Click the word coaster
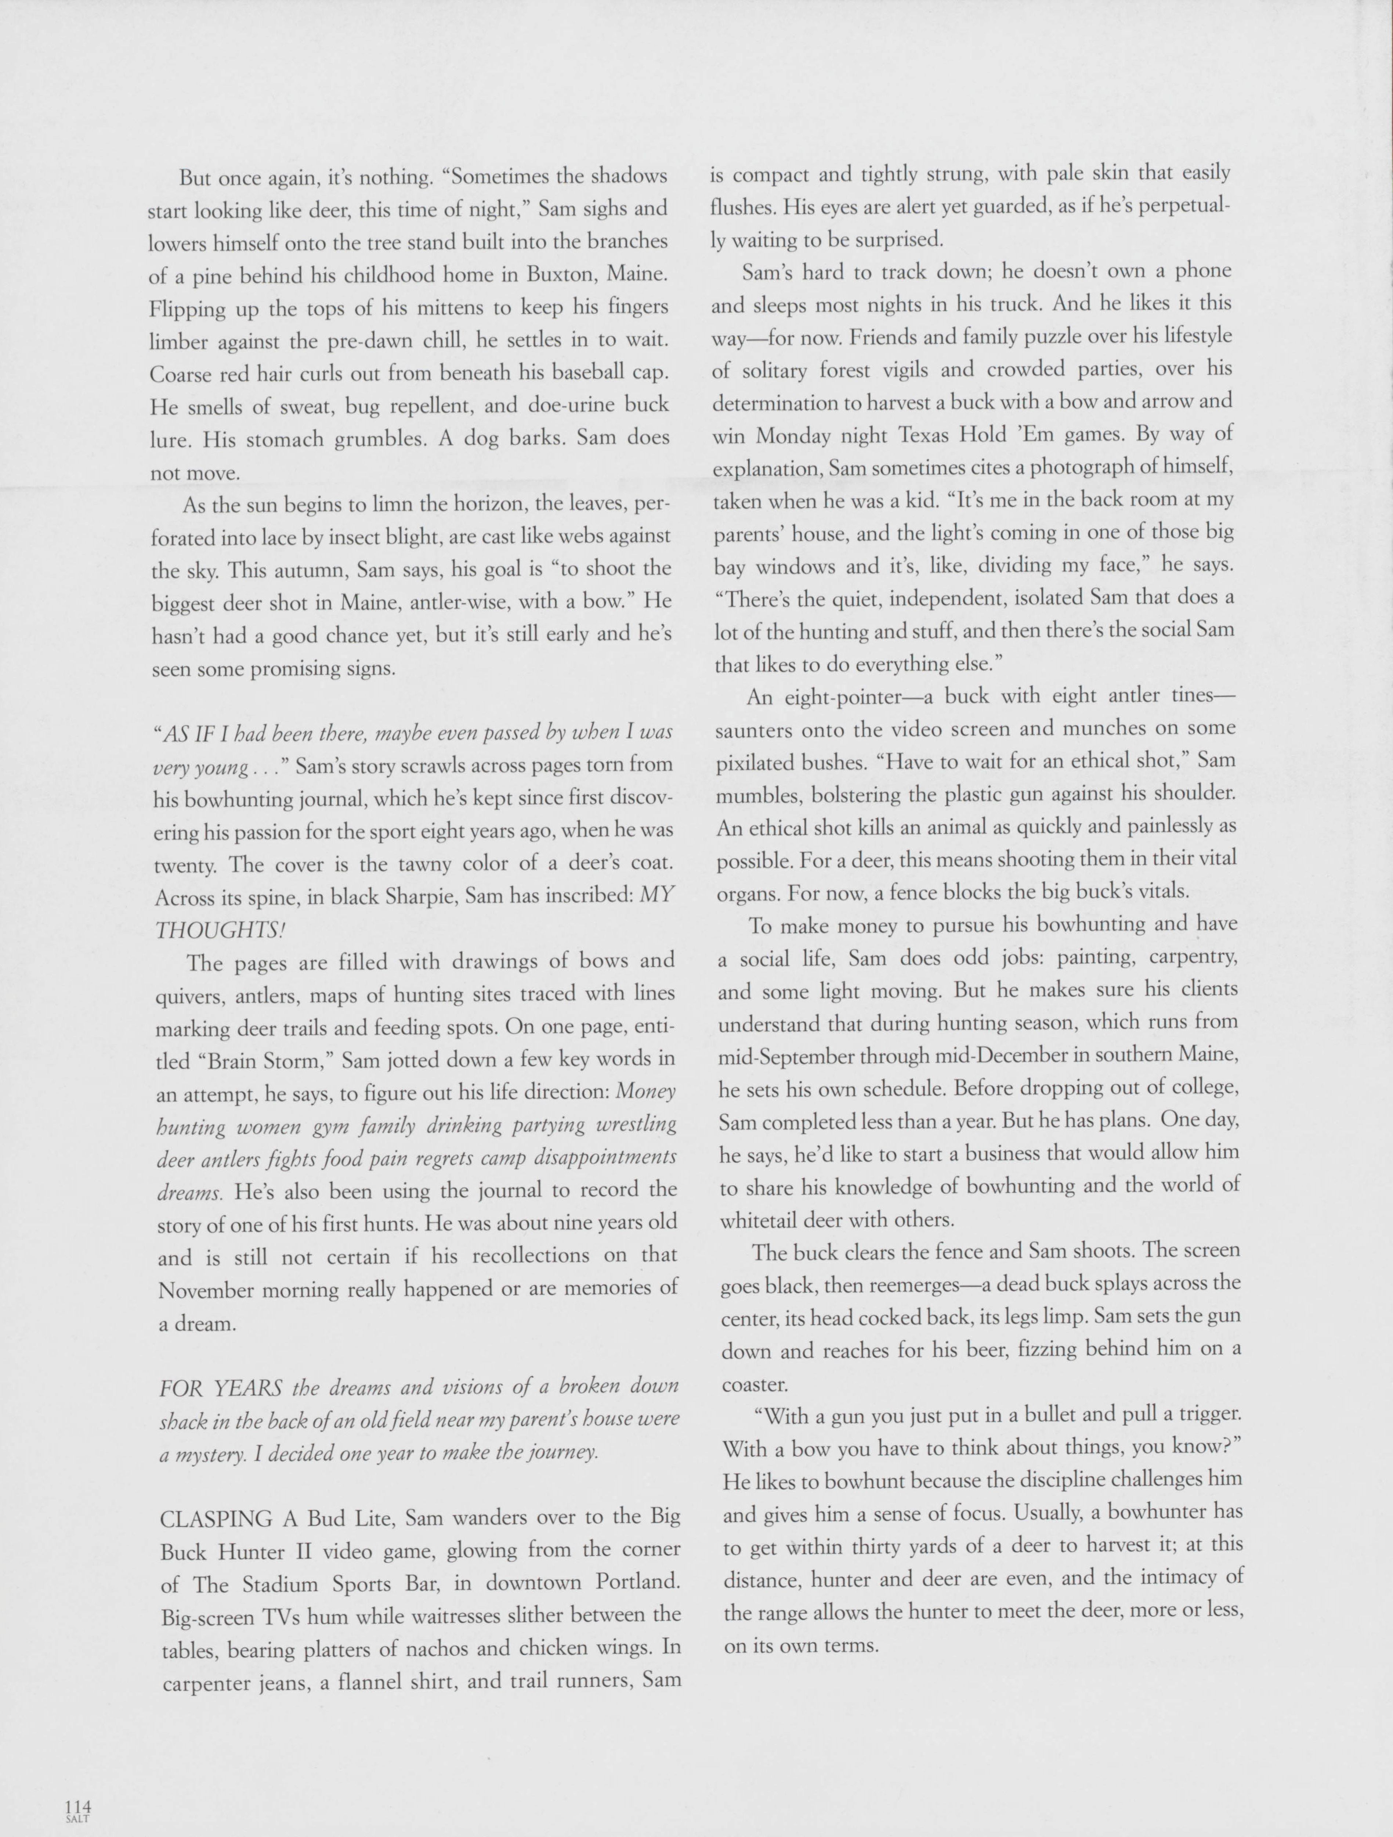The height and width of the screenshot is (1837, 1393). (x=754, y=1384)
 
